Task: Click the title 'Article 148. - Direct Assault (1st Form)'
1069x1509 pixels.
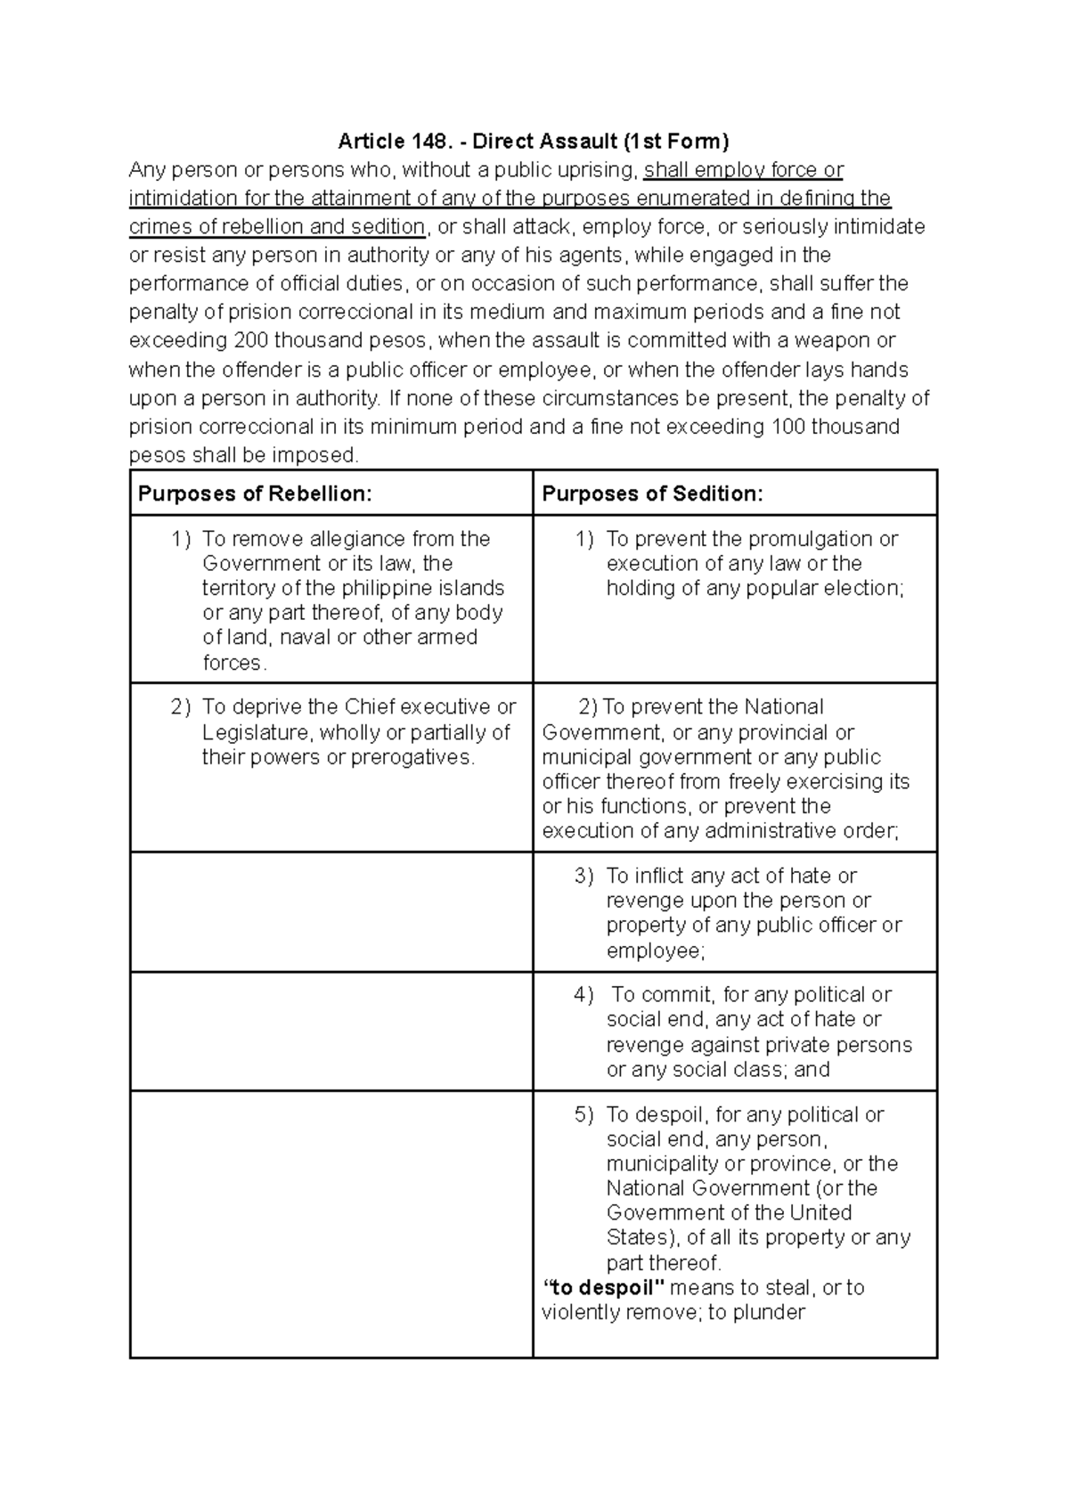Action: coord(534,141)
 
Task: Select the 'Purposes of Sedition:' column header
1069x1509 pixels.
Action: coord(652,494)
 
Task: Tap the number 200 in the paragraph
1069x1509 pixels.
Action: coord(249,340)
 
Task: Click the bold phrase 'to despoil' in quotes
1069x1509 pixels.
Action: coord(604,1288)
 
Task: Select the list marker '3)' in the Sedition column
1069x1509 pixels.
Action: coord(583,877)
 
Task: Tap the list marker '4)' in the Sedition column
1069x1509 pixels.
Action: coord(583,995)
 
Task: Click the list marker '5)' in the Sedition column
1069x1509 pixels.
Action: coord(583,1115)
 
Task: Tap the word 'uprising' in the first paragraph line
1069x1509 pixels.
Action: coord(599,169)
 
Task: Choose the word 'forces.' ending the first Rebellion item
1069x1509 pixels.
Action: coord(233,663)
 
